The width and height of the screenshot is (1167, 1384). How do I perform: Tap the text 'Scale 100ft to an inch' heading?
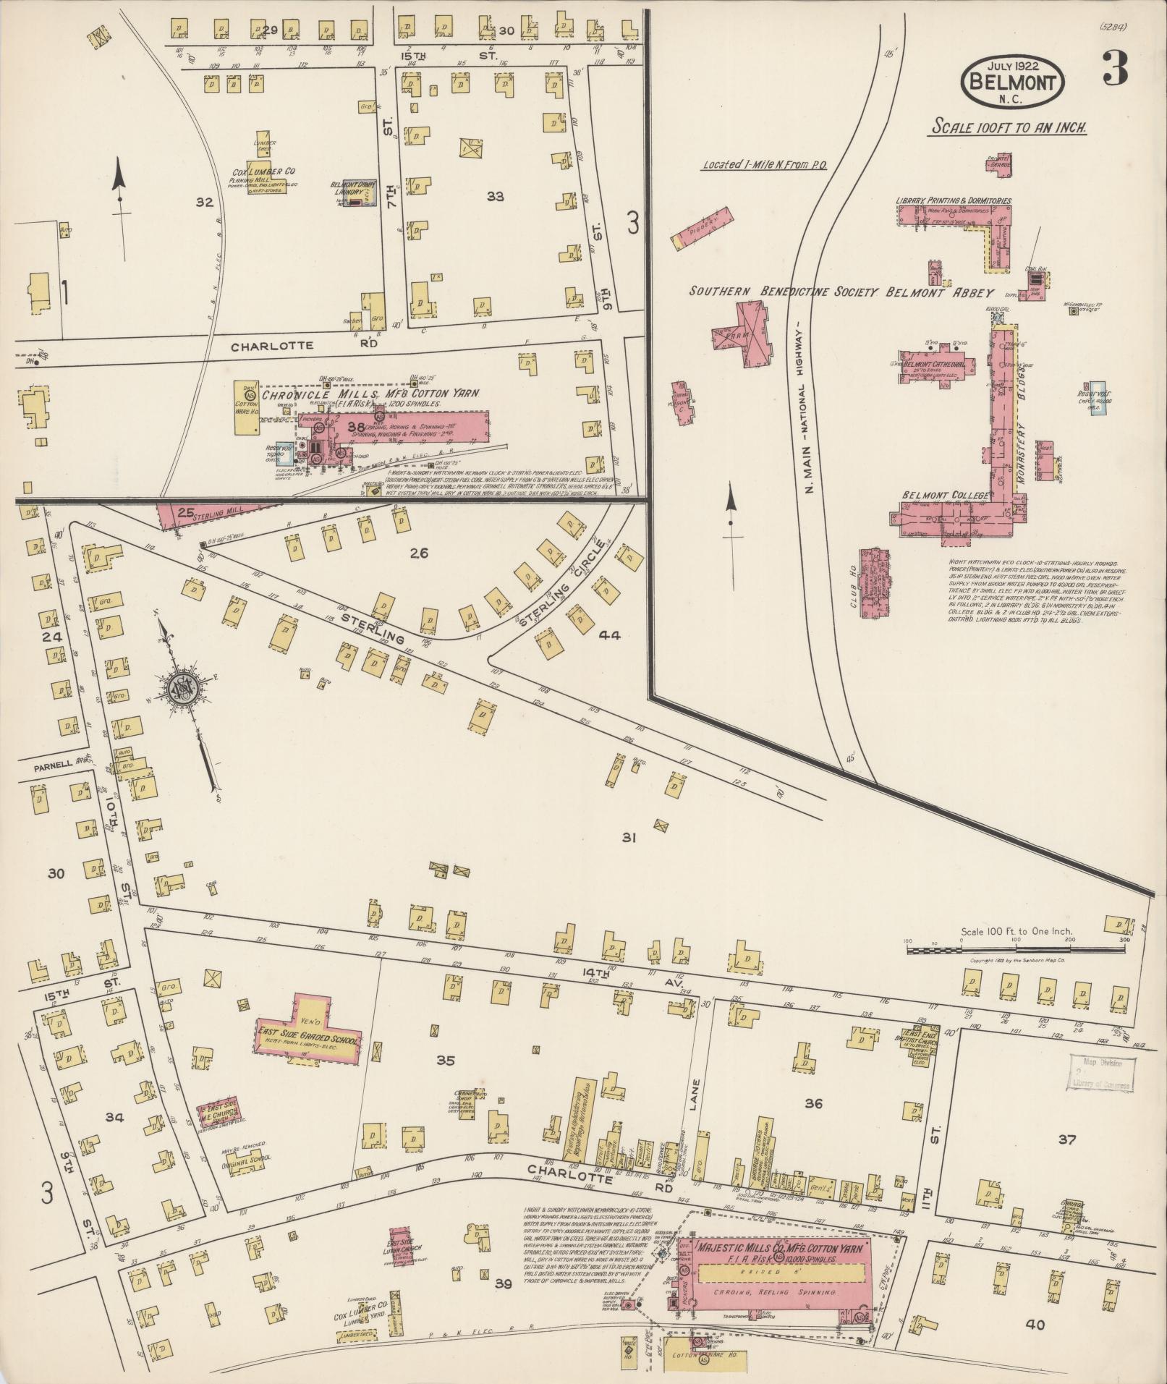pos(1009,127)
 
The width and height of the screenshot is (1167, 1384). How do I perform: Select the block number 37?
pos(1066,1140)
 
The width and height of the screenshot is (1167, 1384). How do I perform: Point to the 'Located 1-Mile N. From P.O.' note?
pos(765,166)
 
